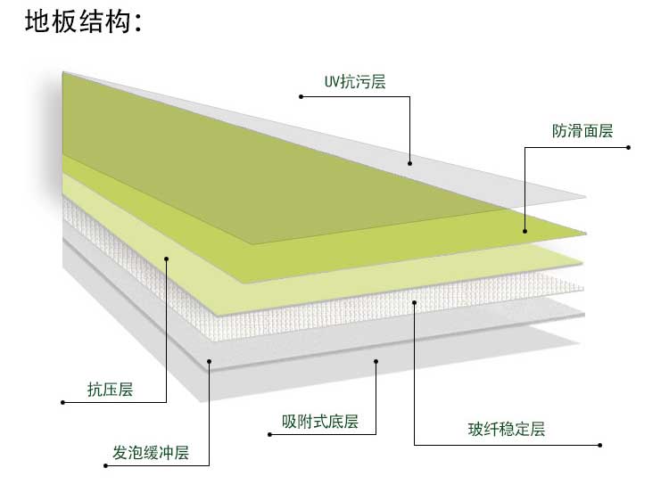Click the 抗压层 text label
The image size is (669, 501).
pos(110,390)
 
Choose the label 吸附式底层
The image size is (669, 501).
pos(319,422)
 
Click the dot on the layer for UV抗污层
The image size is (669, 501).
pos(409,162)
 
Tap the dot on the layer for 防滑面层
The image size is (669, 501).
pos(524,232)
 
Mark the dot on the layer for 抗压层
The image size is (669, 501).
pos(167,259)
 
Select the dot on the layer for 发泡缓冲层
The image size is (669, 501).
pos(210,360)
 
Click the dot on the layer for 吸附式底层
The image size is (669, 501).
pos(376,361)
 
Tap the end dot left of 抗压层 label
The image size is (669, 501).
pos(62,403)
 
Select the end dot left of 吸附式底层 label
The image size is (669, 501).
pos(269,435)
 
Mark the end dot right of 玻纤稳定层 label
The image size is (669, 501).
pos(600,444)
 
